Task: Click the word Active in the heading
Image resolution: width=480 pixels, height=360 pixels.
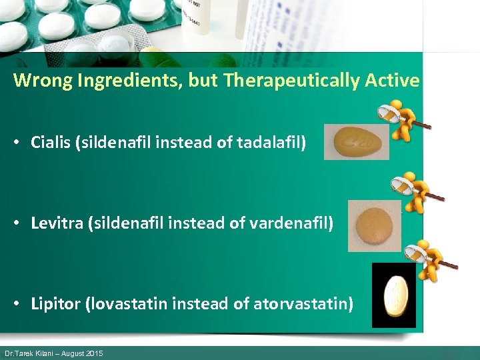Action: (x=393, y=81)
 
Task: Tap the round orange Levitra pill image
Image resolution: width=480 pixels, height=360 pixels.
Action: (x=374, y=225)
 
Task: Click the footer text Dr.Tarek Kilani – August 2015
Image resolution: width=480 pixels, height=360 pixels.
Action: (x=54, y=353)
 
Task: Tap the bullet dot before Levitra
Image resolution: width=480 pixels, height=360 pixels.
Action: (x=20, y=223)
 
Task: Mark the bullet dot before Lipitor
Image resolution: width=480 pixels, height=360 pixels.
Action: (x=20, y=305)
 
